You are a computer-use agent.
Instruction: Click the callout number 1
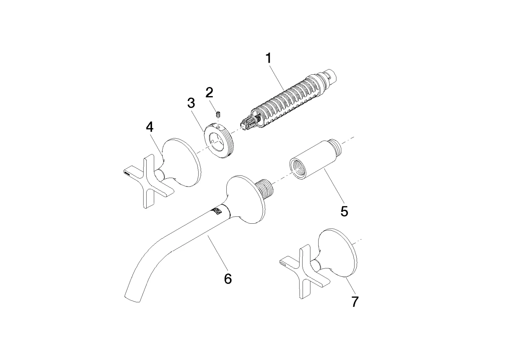269,58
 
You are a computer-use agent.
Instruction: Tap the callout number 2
209,92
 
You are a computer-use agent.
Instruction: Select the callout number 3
191,103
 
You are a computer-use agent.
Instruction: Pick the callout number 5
344,211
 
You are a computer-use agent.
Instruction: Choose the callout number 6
228,279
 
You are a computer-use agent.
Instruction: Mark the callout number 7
355,302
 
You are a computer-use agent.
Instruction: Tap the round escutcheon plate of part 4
182,163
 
